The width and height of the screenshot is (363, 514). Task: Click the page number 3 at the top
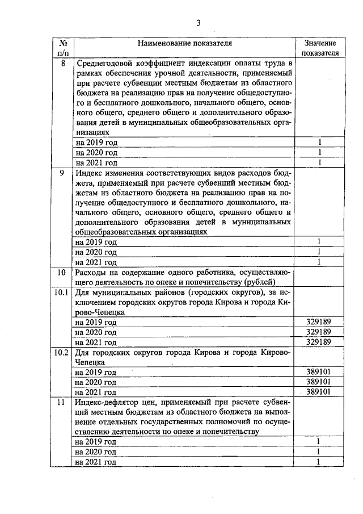pos(199,23)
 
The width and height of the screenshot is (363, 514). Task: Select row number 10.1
pos(61,292)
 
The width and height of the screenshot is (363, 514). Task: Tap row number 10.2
pos(61,352)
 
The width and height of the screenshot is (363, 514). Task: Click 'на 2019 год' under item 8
pos(96,143)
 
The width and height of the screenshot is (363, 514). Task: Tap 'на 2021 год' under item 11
pos(96,462)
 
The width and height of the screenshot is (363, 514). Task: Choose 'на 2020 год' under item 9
pos(96,252)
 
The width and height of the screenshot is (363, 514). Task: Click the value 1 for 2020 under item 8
pos(320,153)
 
